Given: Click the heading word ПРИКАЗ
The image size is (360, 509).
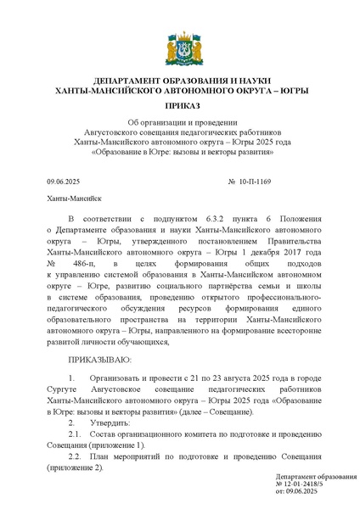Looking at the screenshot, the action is coord(180,105).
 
